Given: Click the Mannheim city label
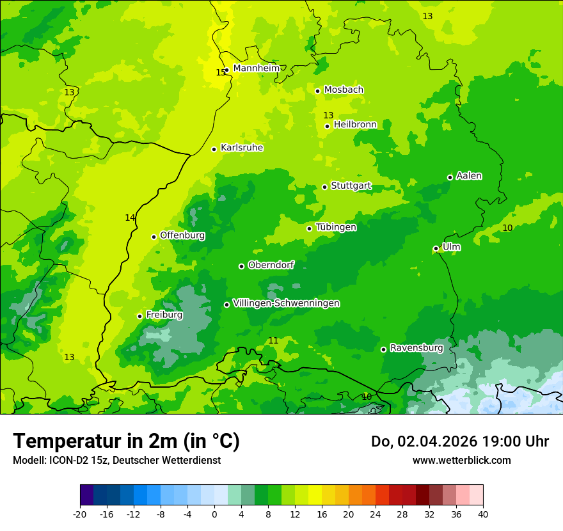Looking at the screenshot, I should tap(256, 68).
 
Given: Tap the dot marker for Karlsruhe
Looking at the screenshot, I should tap(214, 149).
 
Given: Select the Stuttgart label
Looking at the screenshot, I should tap(351, 186).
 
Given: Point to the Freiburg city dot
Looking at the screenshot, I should tap(139, 316).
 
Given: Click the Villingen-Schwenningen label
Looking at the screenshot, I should tap(286, 303).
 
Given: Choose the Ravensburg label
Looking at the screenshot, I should tap(416, 348).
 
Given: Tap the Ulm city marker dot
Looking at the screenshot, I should tap(436, 248).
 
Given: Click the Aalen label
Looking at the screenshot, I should tap(469, 176).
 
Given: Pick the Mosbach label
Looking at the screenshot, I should tap(344, 90).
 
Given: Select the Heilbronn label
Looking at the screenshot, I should tap(355, 124).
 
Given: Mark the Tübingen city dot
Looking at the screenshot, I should tap(309, 228).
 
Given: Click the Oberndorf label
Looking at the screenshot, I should tap(271, 265).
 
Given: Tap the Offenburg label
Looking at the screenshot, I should tap(182, 235).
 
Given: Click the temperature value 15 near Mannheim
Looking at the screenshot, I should tap(220, 72).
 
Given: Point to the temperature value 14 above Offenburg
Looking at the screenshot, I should tap(130, 218).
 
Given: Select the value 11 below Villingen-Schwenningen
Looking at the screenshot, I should tap(273, 340).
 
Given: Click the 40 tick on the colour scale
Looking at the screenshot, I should tap(483, 514).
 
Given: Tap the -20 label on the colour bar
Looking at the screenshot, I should tap(80, 514).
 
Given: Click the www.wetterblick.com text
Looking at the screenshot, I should tap(461, 460).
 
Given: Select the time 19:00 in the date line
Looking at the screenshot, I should tap(504, 441).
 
